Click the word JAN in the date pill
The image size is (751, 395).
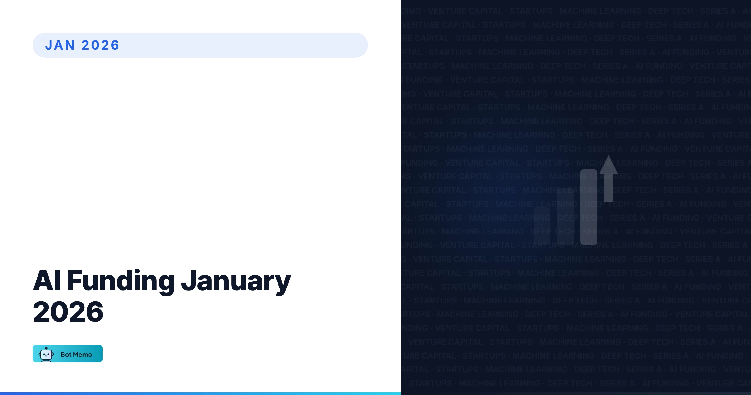click(60, 45)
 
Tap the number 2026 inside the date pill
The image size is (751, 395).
click(100, 45)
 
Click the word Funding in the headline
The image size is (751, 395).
click(121, 281)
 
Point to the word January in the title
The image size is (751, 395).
click(236, 281)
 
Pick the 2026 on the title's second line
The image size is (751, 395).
click(68, 312)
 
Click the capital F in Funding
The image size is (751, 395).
click(74, 281)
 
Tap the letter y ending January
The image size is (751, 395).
click(283, 284)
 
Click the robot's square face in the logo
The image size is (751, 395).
click(46, 355)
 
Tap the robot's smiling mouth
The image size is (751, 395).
click(46, 356)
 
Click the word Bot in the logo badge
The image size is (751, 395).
click(66, 355)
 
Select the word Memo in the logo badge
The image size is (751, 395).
click(83, 355)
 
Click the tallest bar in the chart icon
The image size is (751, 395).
click(589, 207)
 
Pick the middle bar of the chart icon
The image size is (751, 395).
click(565, 216)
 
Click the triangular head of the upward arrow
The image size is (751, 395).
click(608, 166)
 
